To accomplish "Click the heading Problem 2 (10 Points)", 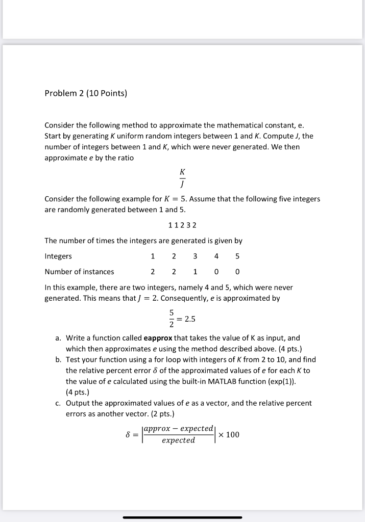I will coord(86,93).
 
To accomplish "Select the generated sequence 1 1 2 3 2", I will coord(182,225).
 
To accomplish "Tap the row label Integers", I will coord(58,256).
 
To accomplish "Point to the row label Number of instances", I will coord(79,272).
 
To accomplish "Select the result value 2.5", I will coord(190,320).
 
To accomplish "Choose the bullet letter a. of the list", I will coord(59,337).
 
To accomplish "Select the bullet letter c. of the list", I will coord(59,403).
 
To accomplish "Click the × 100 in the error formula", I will coord(228,434).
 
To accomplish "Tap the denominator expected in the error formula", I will coord(178,440).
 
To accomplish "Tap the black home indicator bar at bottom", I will coord(182,517).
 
